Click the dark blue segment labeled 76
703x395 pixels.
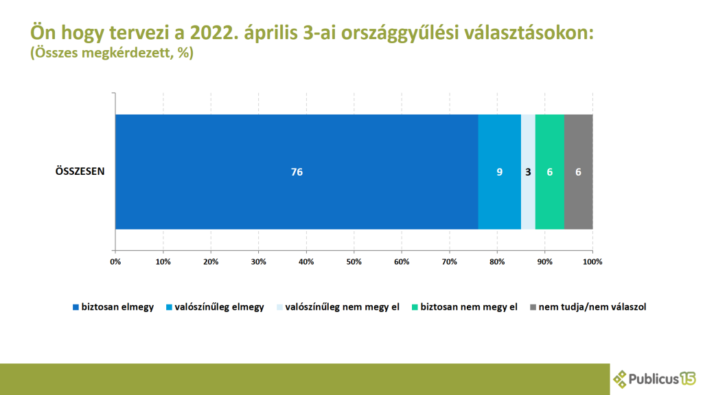tap(297, 171)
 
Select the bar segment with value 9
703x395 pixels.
tap(499, 171)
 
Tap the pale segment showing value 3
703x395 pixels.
tap(528, 171)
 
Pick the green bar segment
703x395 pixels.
tap(549, 171)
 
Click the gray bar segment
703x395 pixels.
tap(578, 171)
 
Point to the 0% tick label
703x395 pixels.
tap(115, 261)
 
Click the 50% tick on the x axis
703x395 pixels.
tap(354, 261)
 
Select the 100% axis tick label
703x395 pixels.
tap(592, 261)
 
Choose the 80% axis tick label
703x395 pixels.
tap(497, 261)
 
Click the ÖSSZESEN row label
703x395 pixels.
tap(80, 171)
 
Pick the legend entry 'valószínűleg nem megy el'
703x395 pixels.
tap(341, 307)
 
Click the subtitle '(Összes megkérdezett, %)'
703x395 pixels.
tap(112, 53)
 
